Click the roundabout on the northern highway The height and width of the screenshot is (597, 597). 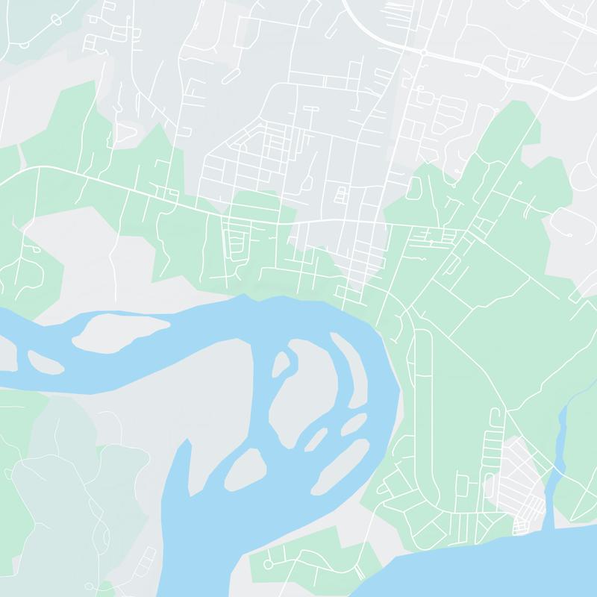coord(422,53)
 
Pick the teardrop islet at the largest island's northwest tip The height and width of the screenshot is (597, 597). coord(281,364)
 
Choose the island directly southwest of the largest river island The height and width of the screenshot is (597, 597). coord(246,469)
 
